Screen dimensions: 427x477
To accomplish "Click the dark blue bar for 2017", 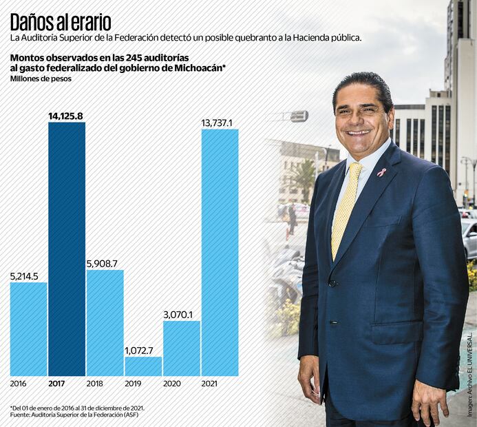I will coord(67,248).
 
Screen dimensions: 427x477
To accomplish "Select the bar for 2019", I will coord(143,366).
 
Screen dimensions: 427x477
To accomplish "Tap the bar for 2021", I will coord(220,251).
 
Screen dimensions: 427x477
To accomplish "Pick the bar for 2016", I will coord(28,329).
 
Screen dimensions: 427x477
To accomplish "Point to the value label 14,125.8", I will coord(66,116).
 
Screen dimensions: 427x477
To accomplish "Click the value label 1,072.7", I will coord(143,351).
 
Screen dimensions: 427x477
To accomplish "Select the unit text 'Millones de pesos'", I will coord(41,79).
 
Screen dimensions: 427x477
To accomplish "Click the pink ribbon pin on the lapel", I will coord(381,171).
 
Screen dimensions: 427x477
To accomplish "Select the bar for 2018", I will coord(105,322).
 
